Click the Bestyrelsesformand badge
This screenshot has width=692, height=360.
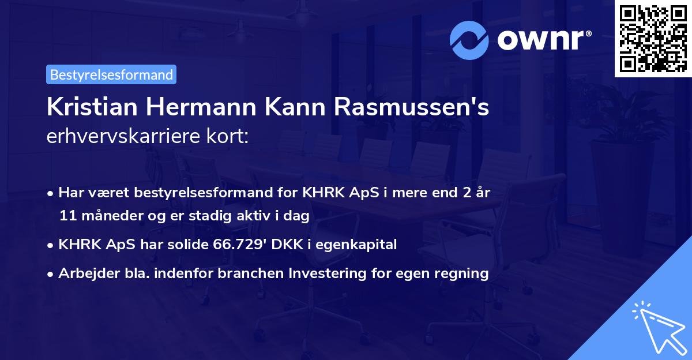pyautogui.click(x=111, y=74)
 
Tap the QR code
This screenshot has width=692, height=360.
pyautogui.click(x=653, y=38)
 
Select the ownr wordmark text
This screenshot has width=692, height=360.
pyautogui.click(x=543, y=40)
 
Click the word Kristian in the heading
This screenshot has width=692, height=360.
pyautogui.click(x=89, y=108)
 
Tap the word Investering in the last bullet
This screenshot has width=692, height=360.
pyautogui.click(x=331, y=273)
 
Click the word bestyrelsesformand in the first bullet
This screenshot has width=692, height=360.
pyautogui.click(x=204, y=193)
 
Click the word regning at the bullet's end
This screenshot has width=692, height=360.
pyautogui.click(x=462, y=273)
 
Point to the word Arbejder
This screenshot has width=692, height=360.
pyautogui.click(x=85, y=273)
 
